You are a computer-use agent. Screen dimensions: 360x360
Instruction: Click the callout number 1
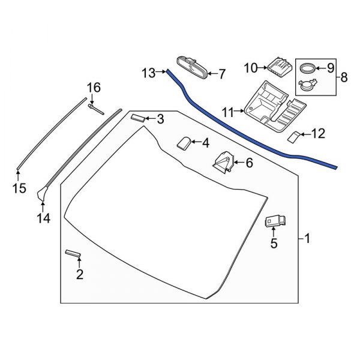[307, 239]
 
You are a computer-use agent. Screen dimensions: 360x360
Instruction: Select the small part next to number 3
[138, 118]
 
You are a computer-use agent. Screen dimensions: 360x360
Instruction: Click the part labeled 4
[184, 143]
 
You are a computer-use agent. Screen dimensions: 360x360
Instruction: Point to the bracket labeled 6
[225, 163]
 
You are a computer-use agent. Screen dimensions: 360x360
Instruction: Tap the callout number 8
[344, 77]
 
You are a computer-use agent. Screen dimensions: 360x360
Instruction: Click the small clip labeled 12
[294, 136]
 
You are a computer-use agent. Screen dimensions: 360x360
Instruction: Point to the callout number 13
[149, 73]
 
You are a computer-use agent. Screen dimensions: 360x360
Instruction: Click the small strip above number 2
[73, 254]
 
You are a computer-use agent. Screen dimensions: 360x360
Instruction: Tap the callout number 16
[92, 88]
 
